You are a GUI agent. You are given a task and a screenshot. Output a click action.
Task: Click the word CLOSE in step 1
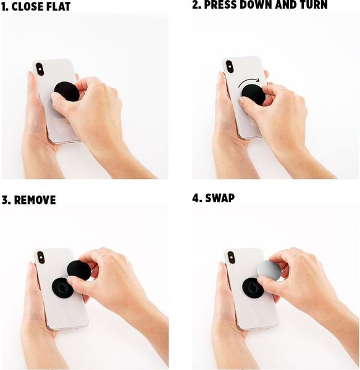coord(27,6)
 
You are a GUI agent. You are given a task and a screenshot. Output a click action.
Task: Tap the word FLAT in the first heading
coord(59,6)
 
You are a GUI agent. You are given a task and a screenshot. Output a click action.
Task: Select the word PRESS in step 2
coord(220,5)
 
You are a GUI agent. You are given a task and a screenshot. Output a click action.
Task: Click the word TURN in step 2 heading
coord(314,5)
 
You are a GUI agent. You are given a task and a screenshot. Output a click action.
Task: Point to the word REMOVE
coord(35,200)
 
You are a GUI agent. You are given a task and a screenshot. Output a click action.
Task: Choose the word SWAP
coord(220,198)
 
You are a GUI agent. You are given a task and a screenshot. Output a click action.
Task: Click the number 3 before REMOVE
coord(6,200)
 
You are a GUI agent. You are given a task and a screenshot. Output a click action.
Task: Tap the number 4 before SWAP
coord(196,198)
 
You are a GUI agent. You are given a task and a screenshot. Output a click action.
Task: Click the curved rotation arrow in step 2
coord(248,81)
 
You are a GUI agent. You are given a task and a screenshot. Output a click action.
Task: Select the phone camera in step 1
coord(40,69)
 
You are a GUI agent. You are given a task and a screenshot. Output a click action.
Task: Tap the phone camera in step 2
coord(230,67)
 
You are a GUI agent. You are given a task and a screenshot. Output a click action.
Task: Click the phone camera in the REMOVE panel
coord(41,257)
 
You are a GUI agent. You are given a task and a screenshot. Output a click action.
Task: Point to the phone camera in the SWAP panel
coord(232,257)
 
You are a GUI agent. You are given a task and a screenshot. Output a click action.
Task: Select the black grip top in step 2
coord(253,95)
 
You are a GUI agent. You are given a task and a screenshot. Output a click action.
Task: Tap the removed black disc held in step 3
coord(79,271)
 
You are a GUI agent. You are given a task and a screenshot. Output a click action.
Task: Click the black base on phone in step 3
coord(62,287)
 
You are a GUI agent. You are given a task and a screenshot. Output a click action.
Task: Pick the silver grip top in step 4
coord(269,269)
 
